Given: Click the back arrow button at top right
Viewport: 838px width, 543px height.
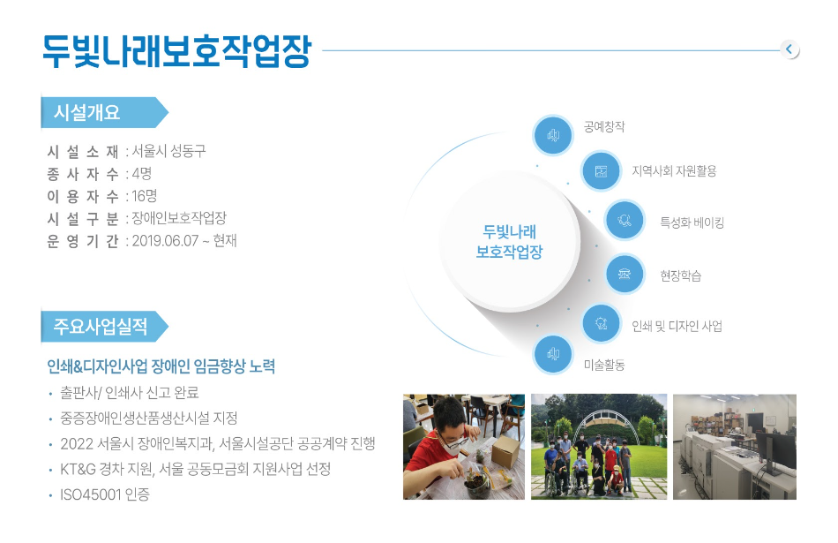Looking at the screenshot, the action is click(x=789, y=49).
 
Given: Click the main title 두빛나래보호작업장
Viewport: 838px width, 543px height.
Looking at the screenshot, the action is click(x=177, y=51).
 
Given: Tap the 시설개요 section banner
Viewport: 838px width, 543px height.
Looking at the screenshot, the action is click(x=105, y=112).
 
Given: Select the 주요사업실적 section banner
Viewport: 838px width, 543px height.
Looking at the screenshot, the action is click(x=105, y=327).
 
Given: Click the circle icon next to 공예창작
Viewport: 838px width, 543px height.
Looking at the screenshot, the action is click(x=553, y=135).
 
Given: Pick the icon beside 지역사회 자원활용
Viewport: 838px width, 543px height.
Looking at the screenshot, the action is click(x=602, y=171).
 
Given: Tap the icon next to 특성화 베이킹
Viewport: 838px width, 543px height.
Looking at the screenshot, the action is click(x=625, y=220).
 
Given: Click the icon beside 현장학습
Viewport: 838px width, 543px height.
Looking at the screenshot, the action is click(x=625, y=274).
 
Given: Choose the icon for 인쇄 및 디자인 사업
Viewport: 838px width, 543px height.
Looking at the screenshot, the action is click(x=602, y=322).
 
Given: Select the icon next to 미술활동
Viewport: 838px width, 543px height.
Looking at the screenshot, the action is click(x=553, y=354).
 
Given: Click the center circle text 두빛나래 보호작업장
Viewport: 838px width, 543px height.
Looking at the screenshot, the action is click(x=509, y=242).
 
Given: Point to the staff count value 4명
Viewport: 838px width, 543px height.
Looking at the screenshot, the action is click(x=142, y=173).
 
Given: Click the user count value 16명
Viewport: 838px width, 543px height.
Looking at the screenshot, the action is click(x=145, y=196).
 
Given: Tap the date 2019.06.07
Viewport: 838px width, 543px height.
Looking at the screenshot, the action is click(x=165, y=241).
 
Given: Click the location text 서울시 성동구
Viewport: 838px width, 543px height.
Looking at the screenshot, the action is click(x=168, y=151).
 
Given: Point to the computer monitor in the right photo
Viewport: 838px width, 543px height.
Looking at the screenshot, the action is click(x=775, y=453).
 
